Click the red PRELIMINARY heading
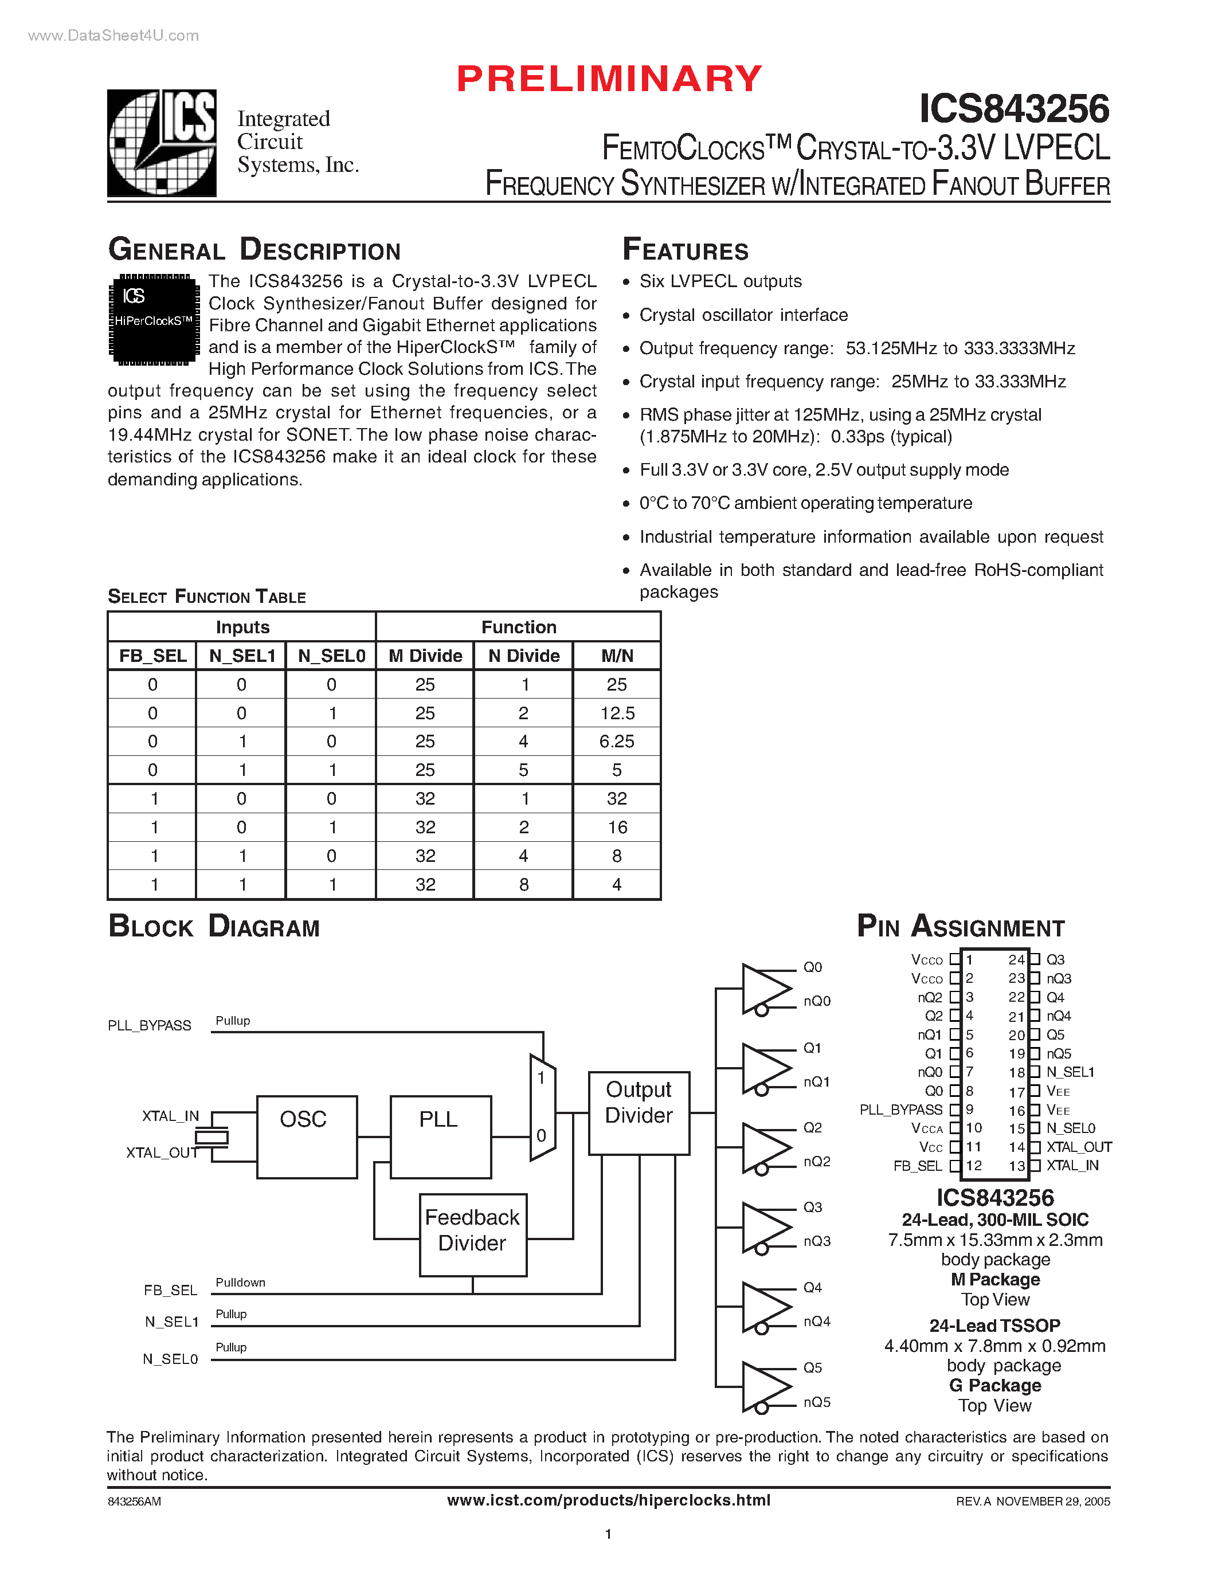point(610,78)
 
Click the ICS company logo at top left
point(162,142)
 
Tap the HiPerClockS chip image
point(154,319)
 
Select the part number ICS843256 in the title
point(1014,109)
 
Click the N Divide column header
point(524,655)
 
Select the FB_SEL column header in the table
point(152,655)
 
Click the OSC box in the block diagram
point(307,1136)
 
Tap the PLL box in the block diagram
point(440,1136)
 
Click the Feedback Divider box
point(473,1234)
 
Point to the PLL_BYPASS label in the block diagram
point(150,1025)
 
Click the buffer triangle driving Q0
point(763,988)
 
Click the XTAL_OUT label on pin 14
point(1079,1147)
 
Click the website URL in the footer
point(608,1500)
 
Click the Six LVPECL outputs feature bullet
point(720,281)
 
